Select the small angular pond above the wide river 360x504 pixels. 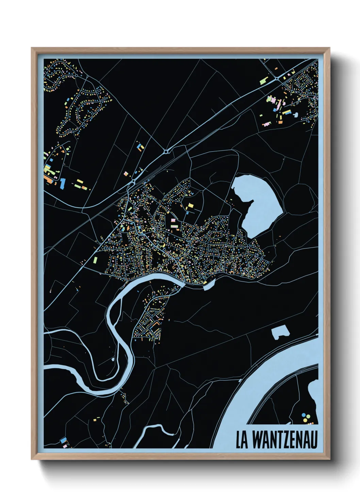[280, 331]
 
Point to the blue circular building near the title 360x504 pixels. [304, 415]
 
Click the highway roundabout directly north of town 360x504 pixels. [166, 152]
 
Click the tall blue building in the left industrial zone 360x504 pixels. [62, 183]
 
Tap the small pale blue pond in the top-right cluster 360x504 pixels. [296, 115]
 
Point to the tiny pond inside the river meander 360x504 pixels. [113, 359]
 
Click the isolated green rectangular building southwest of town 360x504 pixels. [95, 261]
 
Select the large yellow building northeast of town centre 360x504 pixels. [190, 206]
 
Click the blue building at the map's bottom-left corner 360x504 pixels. [63, 441]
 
